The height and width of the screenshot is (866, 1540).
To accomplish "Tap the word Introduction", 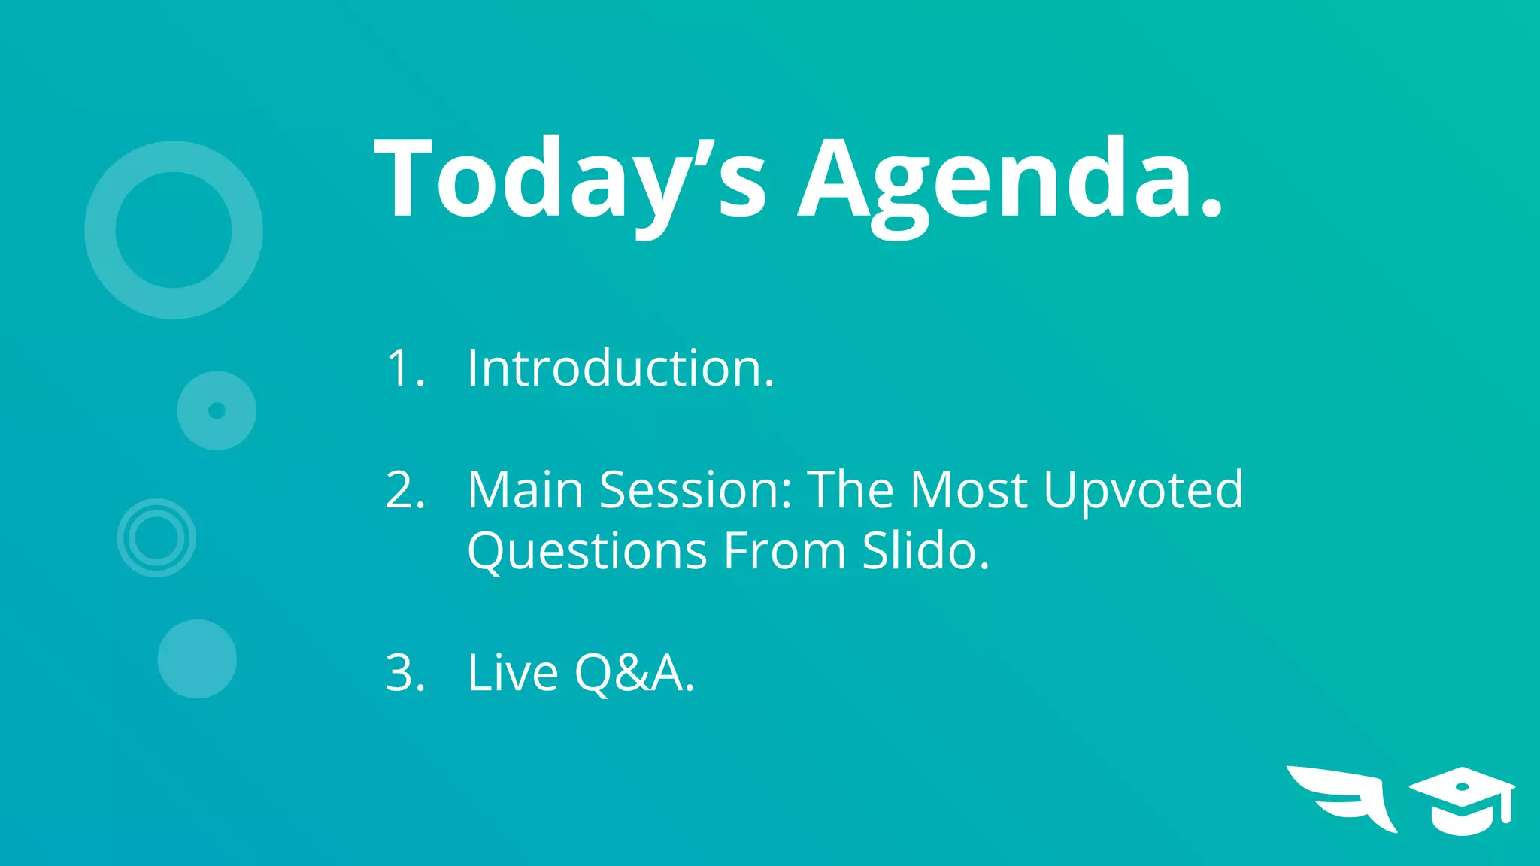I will tap(620, 368).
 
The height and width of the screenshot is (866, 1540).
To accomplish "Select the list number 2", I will tap(405, 490).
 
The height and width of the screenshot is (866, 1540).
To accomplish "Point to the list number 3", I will tap(405, 673).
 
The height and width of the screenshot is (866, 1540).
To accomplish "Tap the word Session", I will tap(696, 490).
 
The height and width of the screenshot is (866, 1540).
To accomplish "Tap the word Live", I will tap(512, 673).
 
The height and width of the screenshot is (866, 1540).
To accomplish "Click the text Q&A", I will tap(632, 673).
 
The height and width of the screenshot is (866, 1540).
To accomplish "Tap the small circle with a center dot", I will tap(217, 410).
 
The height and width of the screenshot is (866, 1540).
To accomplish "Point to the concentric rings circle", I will tap(156, 538).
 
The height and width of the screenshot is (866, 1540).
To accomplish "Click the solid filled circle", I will tap(197, 659).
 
